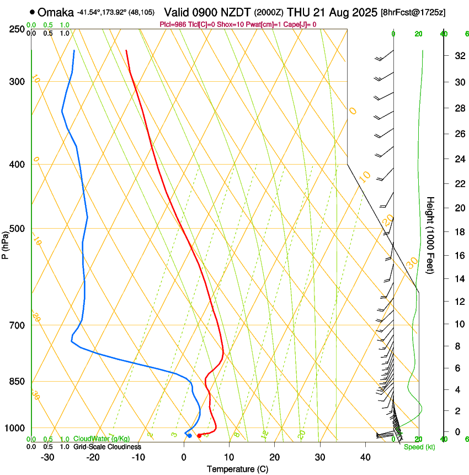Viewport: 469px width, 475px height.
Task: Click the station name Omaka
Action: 56,12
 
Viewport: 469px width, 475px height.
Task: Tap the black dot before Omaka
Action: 33,12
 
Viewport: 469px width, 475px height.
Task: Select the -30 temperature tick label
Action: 47,457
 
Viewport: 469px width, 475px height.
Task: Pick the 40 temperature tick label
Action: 365,457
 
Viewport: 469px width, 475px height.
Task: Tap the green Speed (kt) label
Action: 419,447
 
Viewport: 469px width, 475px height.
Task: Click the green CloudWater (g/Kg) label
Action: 102,439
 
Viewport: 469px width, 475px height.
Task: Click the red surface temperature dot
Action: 199,436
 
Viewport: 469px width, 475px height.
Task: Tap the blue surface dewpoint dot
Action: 189,436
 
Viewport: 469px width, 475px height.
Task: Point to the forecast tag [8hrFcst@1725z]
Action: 422,12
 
